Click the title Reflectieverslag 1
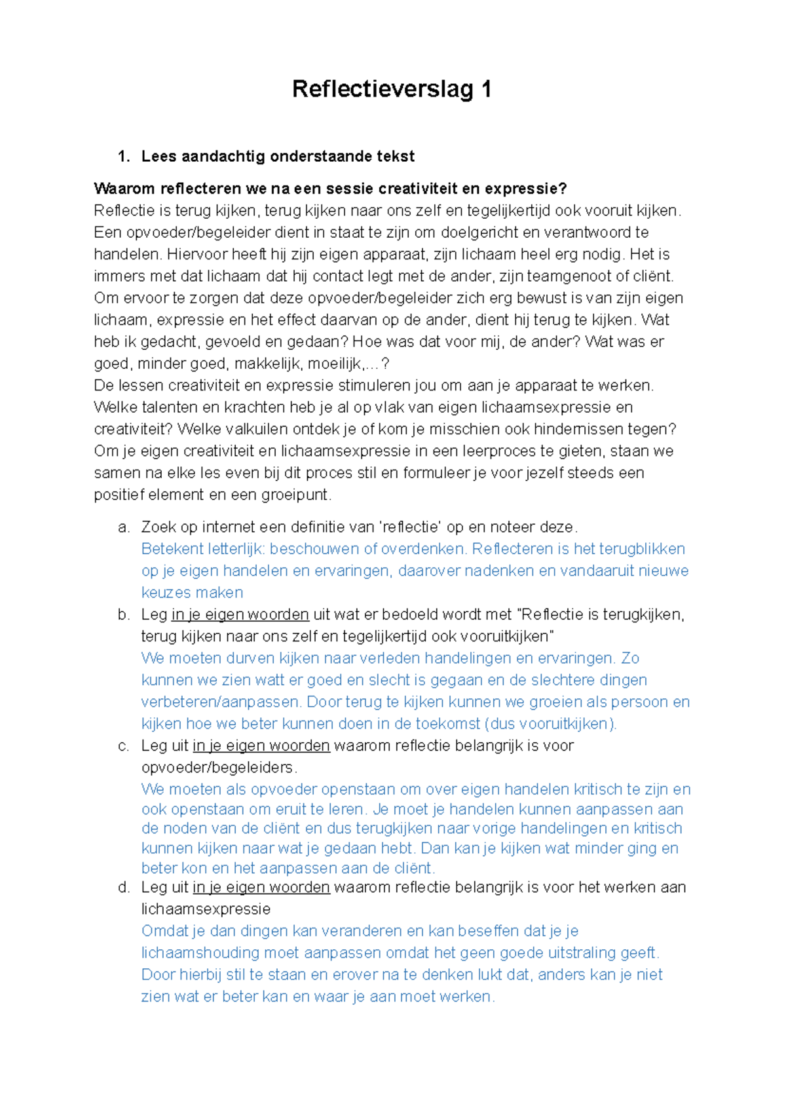coord(392,89)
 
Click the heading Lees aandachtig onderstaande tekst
coord(278,157)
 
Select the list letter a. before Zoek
coord(123,527)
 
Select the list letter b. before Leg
coord(123,614)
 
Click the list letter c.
coord(123,745)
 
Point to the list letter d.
coord(123,888)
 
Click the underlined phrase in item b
coord(240,614)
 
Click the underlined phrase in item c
coord(261,745)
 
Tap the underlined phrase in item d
coord(261,888)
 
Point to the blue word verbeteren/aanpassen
coord(220,702)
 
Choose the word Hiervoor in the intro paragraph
coord(195,254)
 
